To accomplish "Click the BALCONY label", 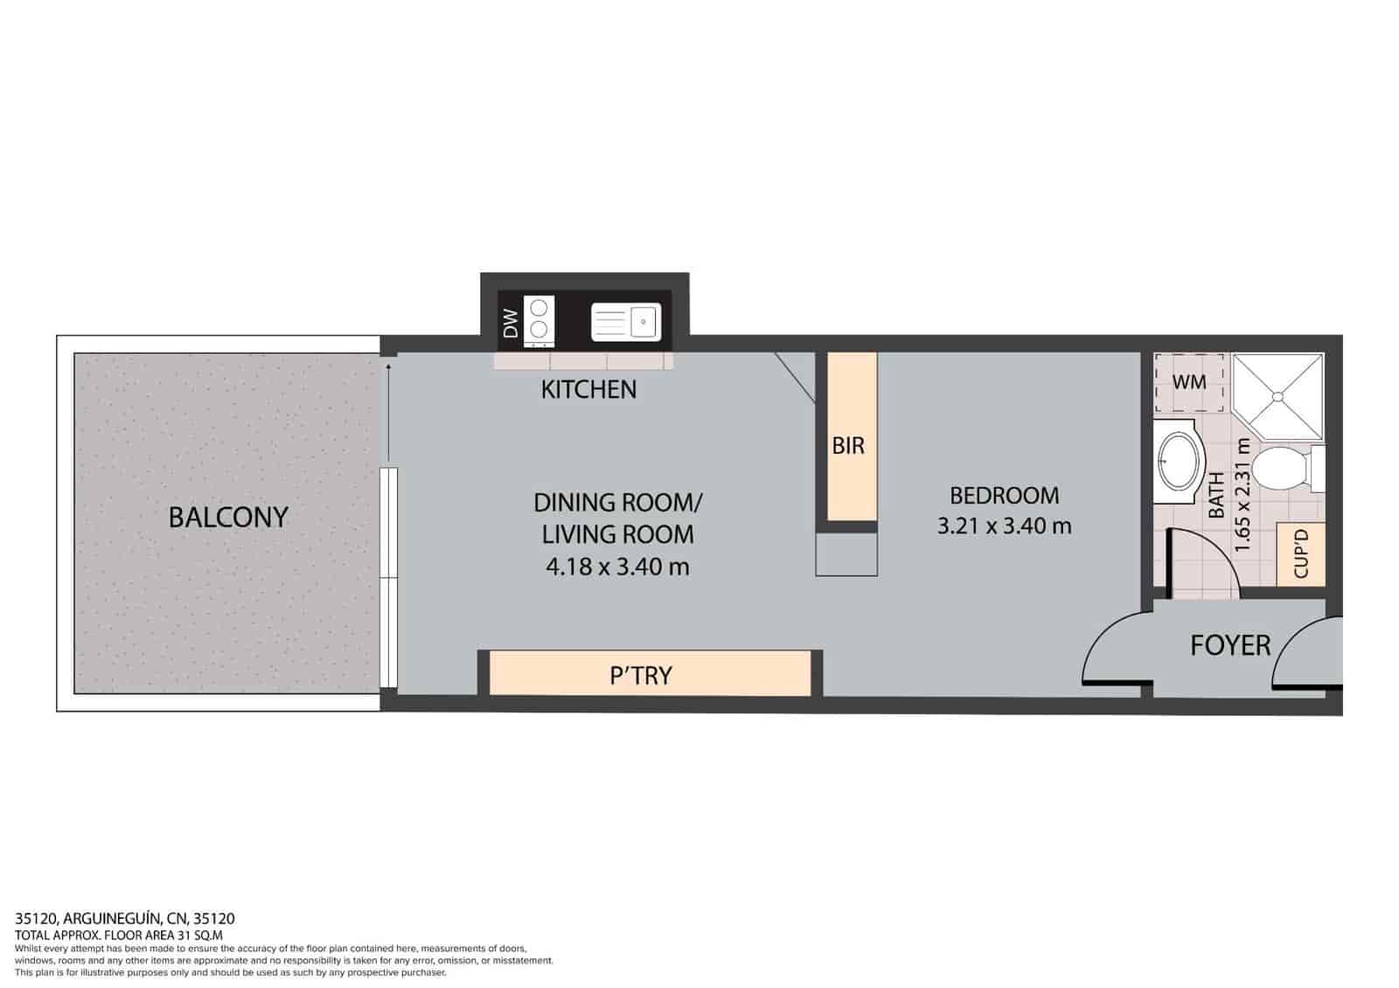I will [x=228, y=517].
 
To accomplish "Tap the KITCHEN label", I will [x=588, y=389].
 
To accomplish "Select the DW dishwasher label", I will [x=512, y=324].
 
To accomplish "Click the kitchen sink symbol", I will [x=625, y=322].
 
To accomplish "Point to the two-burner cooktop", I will [x=539, y=319].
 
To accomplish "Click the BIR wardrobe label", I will [x=847, y=446].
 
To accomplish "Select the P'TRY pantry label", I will [x=641, y=675].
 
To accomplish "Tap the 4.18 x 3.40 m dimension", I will [x=617, y=567].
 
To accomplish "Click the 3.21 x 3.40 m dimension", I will [x=1004, y=525].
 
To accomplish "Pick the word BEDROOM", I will [x=1004, y=496].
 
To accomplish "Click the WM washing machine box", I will [x=1189, y=382].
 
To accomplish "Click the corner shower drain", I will [x=1279, y=397].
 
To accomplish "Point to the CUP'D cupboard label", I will [x=1300, y=553].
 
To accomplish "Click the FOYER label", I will [x=1229, y=645].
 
